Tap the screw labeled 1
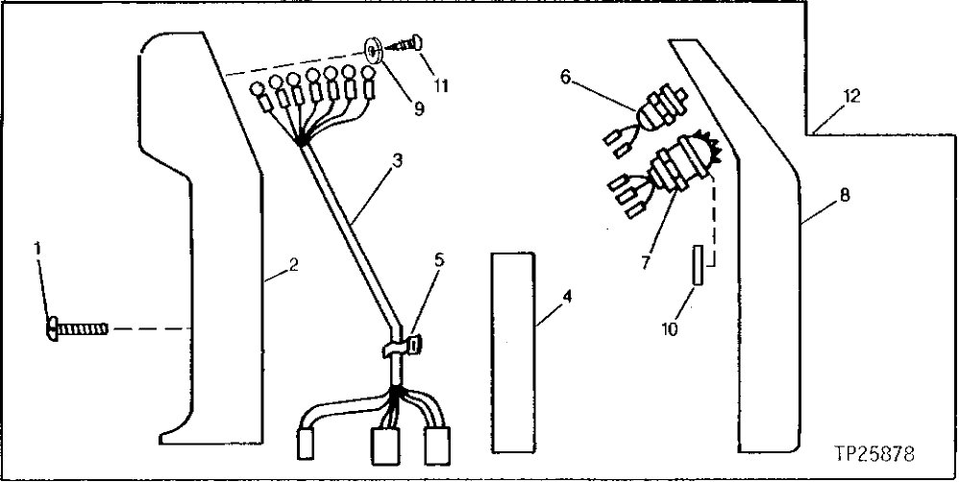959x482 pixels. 77,330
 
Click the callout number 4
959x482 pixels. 567,297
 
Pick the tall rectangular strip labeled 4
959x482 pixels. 512,352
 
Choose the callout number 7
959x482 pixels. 645,260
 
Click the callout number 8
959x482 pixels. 844,195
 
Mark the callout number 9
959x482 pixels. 419,108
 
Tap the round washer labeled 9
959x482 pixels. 374,47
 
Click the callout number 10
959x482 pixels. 670,329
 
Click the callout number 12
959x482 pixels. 851,96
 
